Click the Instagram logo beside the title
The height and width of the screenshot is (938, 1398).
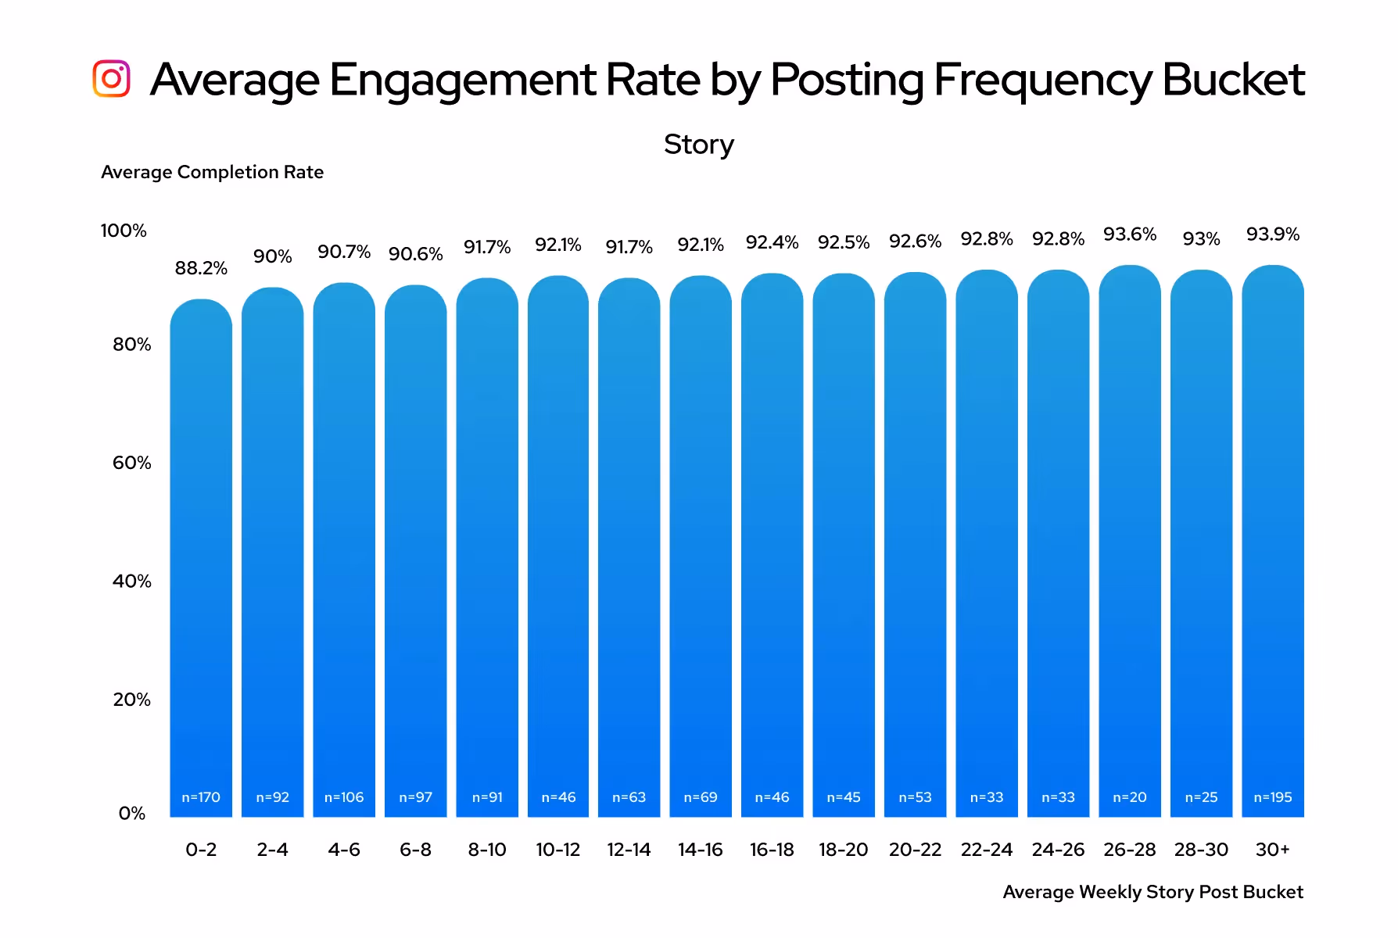(x=111, y=79)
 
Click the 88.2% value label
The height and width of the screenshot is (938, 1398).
(x=201, y=268)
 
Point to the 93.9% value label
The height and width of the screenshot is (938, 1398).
(x=1272, y=234)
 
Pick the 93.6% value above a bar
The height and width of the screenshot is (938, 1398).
(x=1129, y=234)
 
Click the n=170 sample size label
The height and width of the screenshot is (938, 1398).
(x=201, y=797)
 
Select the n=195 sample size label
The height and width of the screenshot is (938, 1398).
(x=1272, y=797)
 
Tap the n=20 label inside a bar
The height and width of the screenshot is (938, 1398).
(x=1129, y=797)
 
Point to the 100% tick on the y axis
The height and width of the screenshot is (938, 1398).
(x=124, y=231)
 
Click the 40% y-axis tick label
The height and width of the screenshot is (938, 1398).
(x=131, y=581)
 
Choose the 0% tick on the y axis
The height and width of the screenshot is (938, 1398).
(x=131, y=814)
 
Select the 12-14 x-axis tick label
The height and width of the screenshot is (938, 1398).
(x=629, y=850)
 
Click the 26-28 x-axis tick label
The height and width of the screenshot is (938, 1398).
(x=1129, y=850)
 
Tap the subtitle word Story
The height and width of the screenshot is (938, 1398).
(x=698, y=145)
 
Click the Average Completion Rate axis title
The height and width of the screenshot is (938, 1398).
(x=212, y=172)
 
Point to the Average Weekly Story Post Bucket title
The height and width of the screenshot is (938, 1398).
(x=1152, y=892)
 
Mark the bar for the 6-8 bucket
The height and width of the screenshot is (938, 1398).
(x=415, y=547)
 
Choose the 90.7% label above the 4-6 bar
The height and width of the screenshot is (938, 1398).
(x=343, y=252)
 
